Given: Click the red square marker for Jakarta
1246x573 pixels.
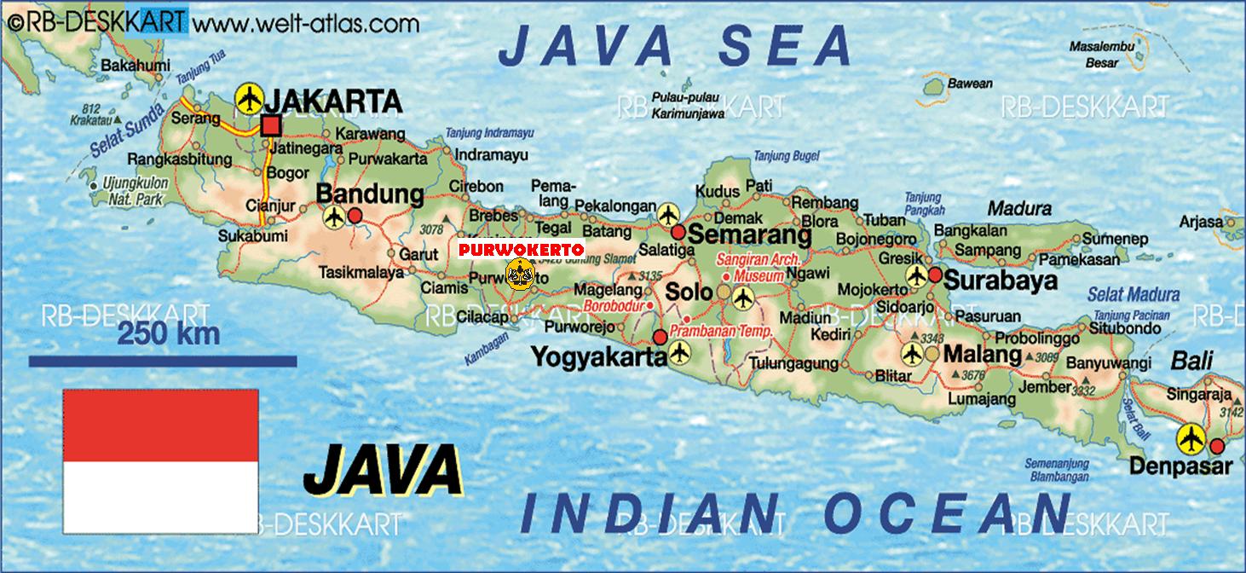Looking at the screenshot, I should coord(271,126).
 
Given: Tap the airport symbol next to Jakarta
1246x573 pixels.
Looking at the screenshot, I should coord(249,99).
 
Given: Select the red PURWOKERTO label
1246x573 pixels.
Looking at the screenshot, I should coord(521,249).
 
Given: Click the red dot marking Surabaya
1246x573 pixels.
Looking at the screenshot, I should coord(935,275).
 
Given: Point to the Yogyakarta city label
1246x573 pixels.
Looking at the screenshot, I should coord(598,356).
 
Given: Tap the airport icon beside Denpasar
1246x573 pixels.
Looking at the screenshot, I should coord(1191,440).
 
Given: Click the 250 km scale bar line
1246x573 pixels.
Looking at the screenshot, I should coord(162,362).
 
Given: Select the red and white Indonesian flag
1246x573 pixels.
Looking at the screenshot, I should coord(160,460).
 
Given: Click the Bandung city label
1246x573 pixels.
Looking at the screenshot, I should coord(369,194).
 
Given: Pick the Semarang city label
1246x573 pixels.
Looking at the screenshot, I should coord(748,234).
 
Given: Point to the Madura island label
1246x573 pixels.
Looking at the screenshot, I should coord(1019,208).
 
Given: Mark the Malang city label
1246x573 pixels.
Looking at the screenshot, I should coord(983,354).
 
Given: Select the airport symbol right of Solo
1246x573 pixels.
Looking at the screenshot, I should coord(743,298).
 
